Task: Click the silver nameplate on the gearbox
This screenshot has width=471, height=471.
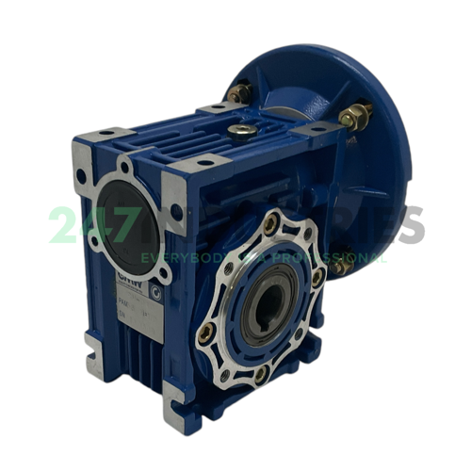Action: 133,301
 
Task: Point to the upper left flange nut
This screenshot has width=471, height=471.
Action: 239,92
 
